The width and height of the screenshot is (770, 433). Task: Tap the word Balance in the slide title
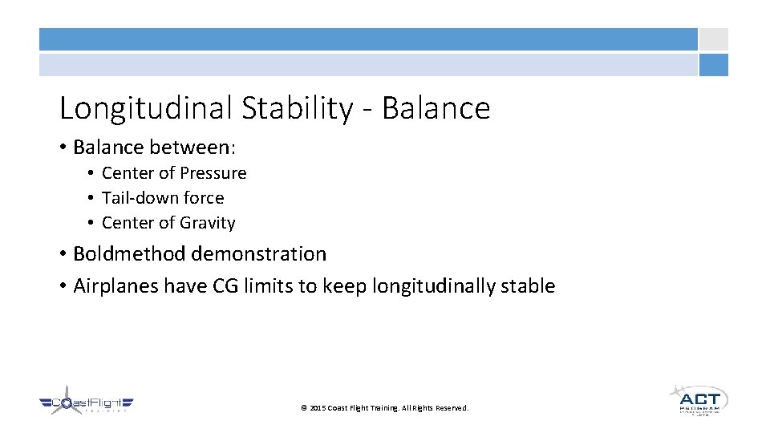click(x=436, y=108)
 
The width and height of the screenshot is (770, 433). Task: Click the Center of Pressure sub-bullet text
click(x=174, y=173)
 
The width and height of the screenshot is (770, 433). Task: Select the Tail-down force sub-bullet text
click(x=163, y=198)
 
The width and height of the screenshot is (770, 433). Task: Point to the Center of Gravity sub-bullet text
click(x=168, y=223)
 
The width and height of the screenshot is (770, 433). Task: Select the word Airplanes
click(x=115, y=286)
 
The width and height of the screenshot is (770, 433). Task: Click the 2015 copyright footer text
click(x=384, y=408)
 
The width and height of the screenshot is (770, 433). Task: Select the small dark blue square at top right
click(x=713, y=65)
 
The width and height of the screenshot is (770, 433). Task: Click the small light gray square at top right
click(x=713, y=39)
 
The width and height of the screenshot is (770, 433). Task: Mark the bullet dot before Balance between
click(x=63, y=148)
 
